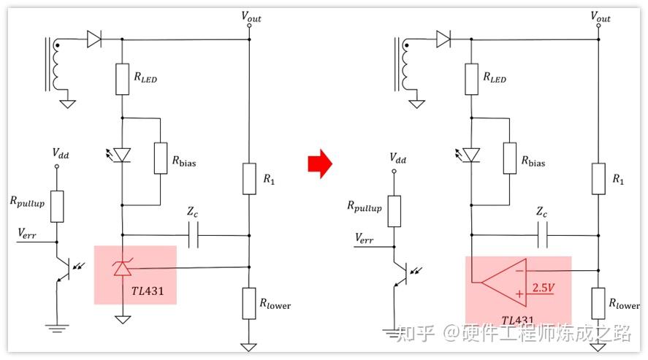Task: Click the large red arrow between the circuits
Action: click(319, 165)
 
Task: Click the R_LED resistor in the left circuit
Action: click(121, 79)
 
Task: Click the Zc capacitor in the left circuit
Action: click(194, 235)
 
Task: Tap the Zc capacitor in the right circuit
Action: click(542, 235)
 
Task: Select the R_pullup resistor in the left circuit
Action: click(56, 207)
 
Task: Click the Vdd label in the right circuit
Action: click(398, 158)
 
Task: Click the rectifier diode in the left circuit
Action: click(94, 39)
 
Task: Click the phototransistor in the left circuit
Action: click(64, 270)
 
